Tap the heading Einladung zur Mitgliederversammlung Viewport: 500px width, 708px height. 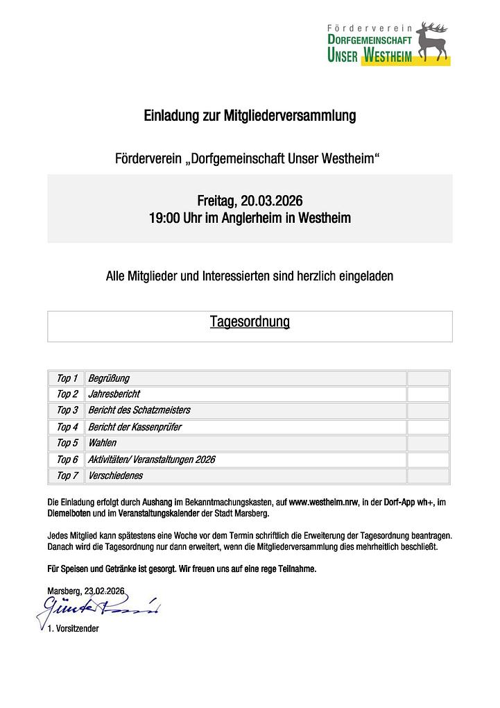(250, 116)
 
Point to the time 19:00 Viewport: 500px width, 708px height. (164, 218)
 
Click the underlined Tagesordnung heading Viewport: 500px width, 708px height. (250, 322)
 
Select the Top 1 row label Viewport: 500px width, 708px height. (67, 378)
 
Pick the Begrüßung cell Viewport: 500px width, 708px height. (108, 378)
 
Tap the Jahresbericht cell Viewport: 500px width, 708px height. (114, 394)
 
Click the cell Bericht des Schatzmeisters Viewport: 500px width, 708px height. (139, 410)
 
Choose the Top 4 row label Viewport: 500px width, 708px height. (67, 427)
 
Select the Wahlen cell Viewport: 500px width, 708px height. (102, 443)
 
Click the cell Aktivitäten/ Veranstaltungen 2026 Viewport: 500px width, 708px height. (151, 460)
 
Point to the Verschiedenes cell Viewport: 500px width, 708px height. (115, 475)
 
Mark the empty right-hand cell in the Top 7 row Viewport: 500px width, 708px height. (428, 475)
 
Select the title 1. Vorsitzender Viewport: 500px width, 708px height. (73, 628)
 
